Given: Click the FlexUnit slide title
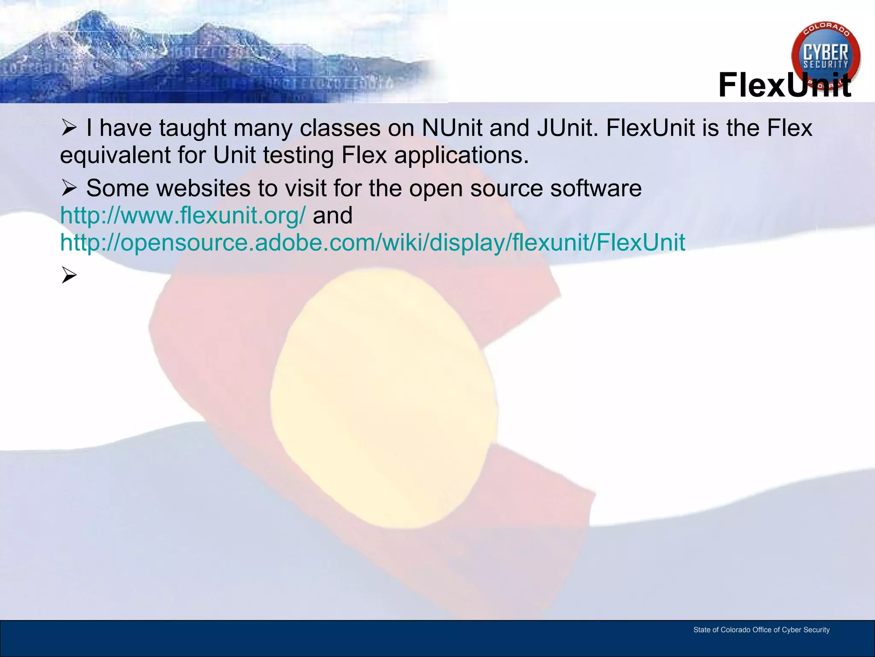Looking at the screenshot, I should pyautogui.click(x=784, y=85).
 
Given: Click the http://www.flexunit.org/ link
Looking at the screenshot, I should pyautogui.click(x=183, y=215).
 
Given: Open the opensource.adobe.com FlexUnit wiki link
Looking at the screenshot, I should pyautogui.click(x=373, y=243).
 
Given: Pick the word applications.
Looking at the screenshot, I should pyautogui.click(x=461, y=155).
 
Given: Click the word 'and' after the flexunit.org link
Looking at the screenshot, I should pyautogui.click(x=332, y=215).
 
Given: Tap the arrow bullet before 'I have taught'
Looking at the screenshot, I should pyautogui.click(x=69, y=128).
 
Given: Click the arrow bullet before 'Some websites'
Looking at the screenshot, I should pyautogui.click(x=69, y=188).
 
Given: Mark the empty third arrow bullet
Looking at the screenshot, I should pyautogui.click(x=69, y=275).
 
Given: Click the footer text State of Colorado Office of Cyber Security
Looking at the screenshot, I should pyautogui.click(x=761, y=630).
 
